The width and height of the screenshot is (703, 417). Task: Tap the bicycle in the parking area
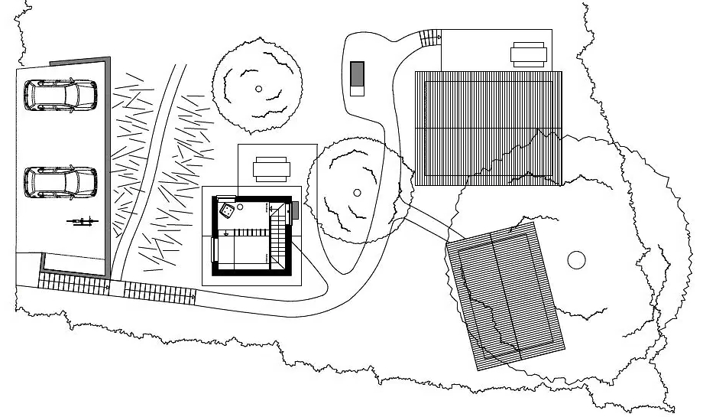[x=83, y=222]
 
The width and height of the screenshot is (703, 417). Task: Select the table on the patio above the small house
[x=271, y=168]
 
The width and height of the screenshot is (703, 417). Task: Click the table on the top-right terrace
[x=528, y=54]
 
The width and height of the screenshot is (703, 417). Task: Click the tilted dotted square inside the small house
[x=227, y=210]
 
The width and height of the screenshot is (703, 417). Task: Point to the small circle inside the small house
[x=240, y=207]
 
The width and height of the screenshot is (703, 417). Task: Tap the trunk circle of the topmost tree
[x=259, y=89]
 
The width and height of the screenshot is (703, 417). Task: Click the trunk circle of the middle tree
[x=356, y=193]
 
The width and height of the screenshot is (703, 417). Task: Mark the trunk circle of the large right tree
[x=576, y=259]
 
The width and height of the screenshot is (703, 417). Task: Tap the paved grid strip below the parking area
[x=73, y=282]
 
